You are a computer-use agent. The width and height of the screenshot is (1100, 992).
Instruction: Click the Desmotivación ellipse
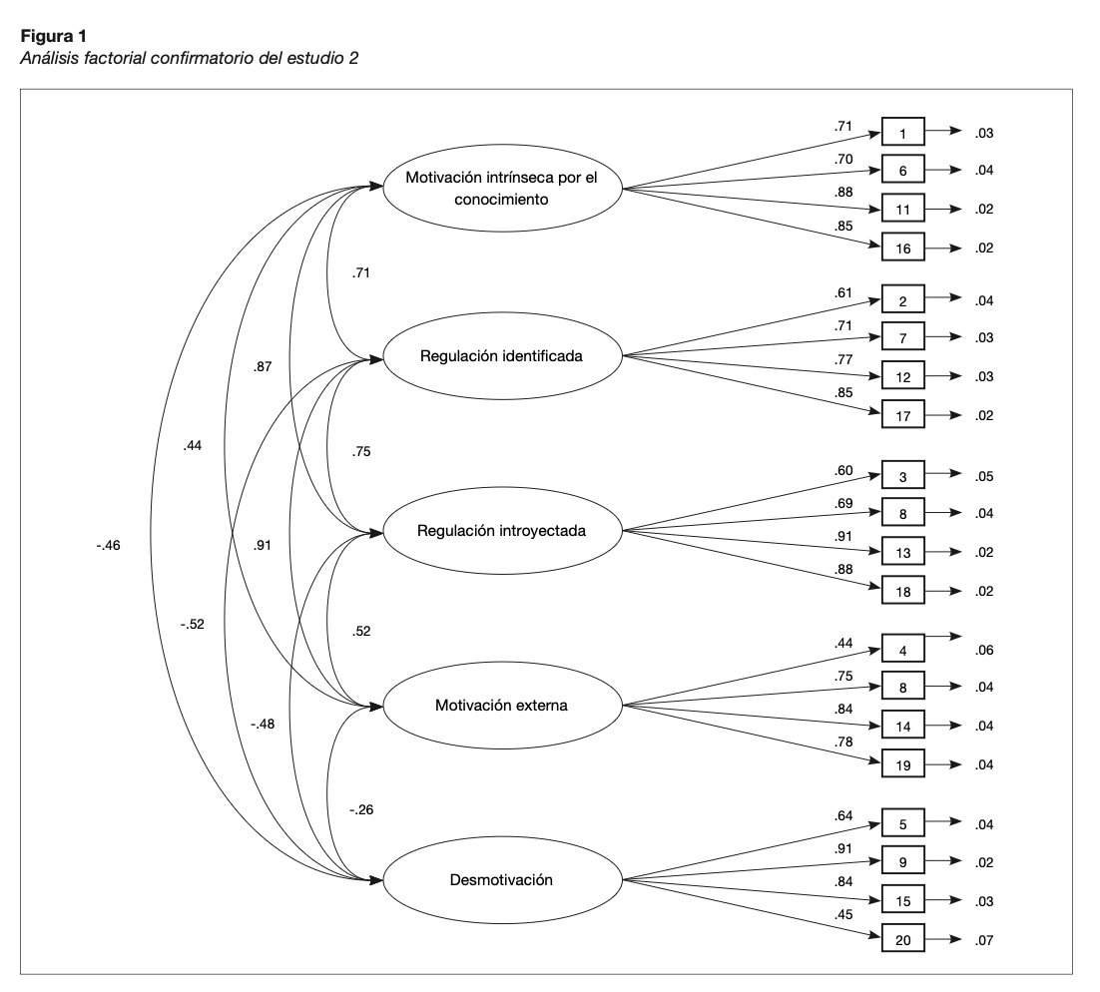[502, 880]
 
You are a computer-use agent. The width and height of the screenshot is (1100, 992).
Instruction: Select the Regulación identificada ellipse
[502, 355]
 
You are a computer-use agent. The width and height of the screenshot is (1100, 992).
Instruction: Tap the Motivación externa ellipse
[502, 705]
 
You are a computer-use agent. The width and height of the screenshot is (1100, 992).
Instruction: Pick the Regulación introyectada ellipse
[502, 530]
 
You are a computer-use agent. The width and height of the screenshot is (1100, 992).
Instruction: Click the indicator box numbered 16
[903, 248]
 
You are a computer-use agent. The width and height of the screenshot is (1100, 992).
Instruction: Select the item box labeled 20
[903, 939]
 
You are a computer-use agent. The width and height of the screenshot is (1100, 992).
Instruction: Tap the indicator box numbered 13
[903, 552]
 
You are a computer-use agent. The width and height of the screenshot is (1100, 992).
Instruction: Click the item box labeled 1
[903, 133]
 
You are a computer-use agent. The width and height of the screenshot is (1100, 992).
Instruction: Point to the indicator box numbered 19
[903, 764]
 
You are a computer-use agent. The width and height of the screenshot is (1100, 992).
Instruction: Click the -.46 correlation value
[108, 546]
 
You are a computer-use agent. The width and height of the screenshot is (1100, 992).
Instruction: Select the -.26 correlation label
[361, 809]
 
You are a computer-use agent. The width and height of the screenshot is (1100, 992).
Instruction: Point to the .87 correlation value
[263, 366]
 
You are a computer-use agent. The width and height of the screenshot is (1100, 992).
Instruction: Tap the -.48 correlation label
[263, 724]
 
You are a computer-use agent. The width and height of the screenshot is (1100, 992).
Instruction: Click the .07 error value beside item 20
[983, 940]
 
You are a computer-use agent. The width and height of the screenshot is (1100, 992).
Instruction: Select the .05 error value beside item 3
[983, 476]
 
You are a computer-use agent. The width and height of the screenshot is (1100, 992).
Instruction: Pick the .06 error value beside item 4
[983, 651]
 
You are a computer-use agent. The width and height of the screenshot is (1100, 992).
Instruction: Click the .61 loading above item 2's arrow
[843, 292]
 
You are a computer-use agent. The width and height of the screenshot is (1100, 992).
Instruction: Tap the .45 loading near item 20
[843, 914]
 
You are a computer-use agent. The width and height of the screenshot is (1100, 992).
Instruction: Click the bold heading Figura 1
[53, 36]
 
